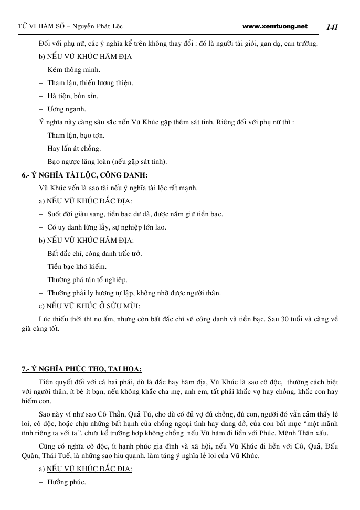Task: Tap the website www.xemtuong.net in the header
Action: point(276,26)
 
